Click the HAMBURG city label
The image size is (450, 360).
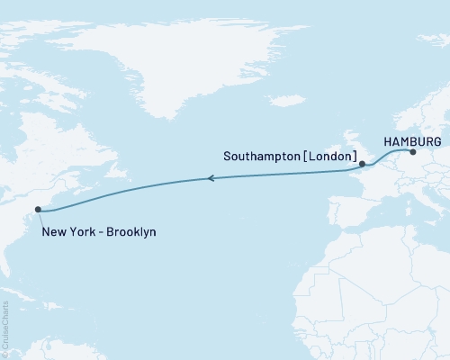pyautogui.click(x=412, y=142)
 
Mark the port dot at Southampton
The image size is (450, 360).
pyautogui.click(x=362, y=165)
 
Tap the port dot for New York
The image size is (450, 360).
pyautogui.click(x=38, y=211)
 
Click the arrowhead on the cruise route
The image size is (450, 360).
pyautogui.click(x=211, y=179)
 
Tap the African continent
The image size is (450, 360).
pyautogui.click(x=387, y=297)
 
